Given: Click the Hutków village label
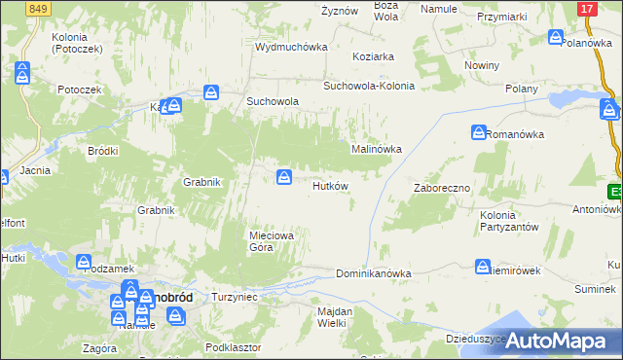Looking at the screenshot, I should [x=330, y=186].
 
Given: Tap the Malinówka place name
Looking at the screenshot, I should [x=376, y=149].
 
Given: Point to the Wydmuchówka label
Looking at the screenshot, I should [x=290, y=47].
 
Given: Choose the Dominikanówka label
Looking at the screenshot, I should [x=373, y=273].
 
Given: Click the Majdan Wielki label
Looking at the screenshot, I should [x=333, y=317].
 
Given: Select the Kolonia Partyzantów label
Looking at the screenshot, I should [x=509, y=221].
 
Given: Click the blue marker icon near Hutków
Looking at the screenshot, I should [x=284, y=176].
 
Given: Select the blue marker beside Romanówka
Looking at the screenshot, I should [x=479, y=132].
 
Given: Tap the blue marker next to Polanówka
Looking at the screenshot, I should [x=556, y=38].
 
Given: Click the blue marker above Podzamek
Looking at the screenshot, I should [x=83, y=262].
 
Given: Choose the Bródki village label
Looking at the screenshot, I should [x=102, y=151].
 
